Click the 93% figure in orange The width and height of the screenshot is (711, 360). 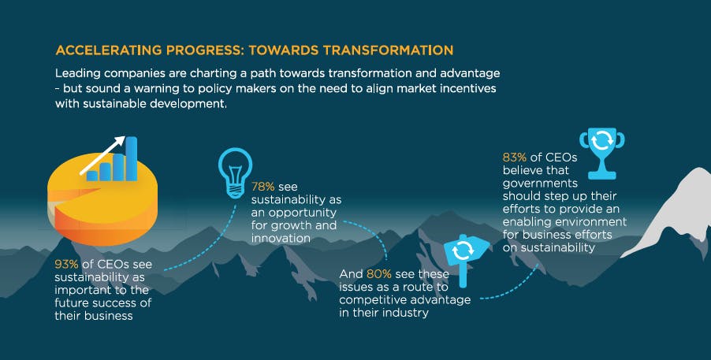tap(67, 264)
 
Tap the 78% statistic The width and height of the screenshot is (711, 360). tap(263, 187)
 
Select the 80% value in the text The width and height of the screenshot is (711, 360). tap(378, 274)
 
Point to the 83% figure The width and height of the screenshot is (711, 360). tap(514, 158)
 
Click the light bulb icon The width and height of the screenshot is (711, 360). tap(235, 173)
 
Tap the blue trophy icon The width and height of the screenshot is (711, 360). tap(601, 153)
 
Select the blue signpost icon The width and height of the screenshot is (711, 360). tap(466, 258)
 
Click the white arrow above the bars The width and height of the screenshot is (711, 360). tap(102, 155)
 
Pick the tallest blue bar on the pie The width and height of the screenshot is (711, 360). tap(132, 158)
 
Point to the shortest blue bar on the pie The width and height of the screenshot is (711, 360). tap(92, 176)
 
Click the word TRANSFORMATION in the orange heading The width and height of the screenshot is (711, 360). tap(388, 50)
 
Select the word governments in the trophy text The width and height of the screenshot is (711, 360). tap(540, 184)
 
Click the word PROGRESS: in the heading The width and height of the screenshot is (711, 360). tap(206, 50)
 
